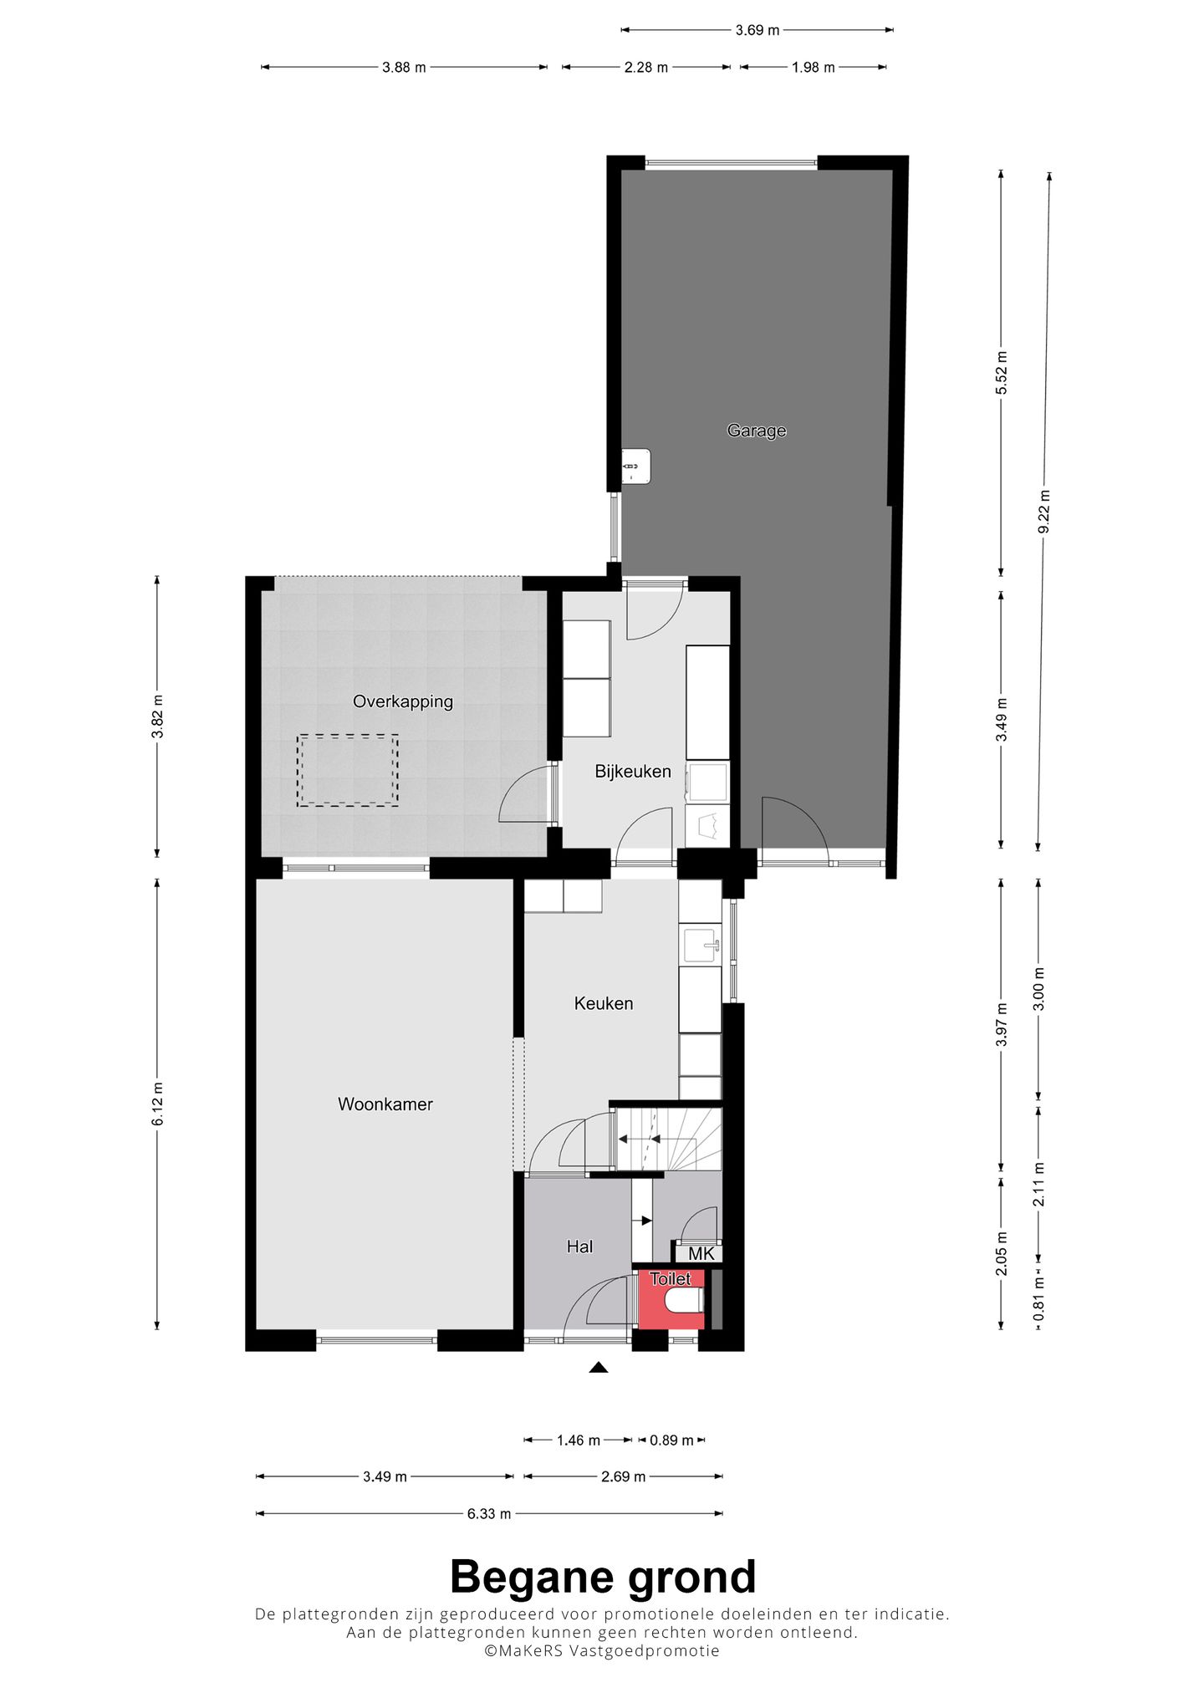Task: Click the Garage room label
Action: pos(756,431)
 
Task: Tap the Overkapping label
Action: pos(402,701)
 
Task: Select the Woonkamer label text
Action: pos(385,1104)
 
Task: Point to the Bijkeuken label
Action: pos(632,771)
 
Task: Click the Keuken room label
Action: pos(603,1002)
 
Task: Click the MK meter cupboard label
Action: pos(701,1253)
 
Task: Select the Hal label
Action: pos(579,1247)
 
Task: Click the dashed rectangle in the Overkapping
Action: pos(347,770)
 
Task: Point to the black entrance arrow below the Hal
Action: pos(598,1368)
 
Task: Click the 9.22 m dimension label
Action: pos(1043,512)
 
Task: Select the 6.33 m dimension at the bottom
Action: pos(488,1513)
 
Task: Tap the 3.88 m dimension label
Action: pos(404,68)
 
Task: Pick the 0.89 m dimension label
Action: pos(671,1440)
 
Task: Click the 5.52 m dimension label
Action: pos(1002,373)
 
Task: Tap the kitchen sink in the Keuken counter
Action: pos(701,945)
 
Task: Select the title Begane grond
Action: pos(602,1578)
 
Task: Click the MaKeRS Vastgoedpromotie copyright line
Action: pos(602,1650)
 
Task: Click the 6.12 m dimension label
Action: pos(157,1104)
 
